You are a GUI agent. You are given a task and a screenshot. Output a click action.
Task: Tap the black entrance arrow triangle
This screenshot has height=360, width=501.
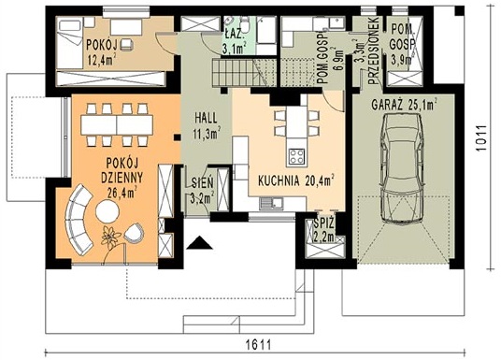(200, 243)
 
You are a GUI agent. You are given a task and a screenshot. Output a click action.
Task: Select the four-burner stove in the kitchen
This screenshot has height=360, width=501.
(297, 156)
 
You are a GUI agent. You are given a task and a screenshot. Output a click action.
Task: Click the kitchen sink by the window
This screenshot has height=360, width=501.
(271, 203)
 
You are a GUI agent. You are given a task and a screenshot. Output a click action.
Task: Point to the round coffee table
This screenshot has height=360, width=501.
(107, 211)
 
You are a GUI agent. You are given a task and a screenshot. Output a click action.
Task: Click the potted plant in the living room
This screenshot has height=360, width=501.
(109, 238)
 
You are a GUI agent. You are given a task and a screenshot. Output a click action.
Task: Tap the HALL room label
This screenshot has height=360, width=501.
(206, 118)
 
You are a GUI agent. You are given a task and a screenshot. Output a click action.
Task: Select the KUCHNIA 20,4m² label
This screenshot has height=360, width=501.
(296, 180)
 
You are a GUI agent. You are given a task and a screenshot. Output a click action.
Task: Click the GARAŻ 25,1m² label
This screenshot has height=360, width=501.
(404, 105)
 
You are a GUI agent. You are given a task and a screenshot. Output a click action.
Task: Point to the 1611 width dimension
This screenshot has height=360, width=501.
(259, 345)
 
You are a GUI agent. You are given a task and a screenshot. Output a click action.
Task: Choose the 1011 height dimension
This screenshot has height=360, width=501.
(481, 137)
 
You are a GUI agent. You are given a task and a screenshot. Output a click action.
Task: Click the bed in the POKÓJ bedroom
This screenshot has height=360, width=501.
(69, 44)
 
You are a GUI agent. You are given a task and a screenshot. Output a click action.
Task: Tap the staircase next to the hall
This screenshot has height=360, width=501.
(243, 73)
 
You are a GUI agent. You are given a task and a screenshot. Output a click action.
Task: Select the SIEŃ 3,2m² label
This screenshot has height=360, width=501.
(203, 191)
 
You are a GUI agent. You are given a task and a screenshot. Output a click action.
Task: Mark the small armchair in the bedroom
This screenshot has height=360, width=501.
(126, 44)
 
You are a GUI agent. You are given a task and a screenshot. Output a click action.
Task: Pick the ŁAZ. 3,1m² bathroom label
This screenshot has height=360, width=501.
(234, 41)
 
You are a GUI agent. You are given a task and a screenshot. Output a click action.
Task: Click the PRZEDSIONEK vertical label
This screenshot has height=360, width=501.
(373, 50)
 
